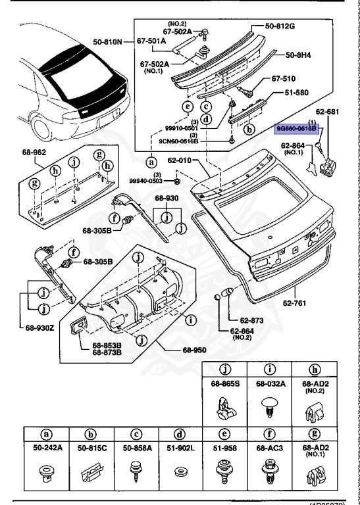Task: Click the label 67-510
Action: click(x=285, y=78)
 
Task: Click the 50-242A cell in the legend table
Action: click(x=47, y=447)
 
